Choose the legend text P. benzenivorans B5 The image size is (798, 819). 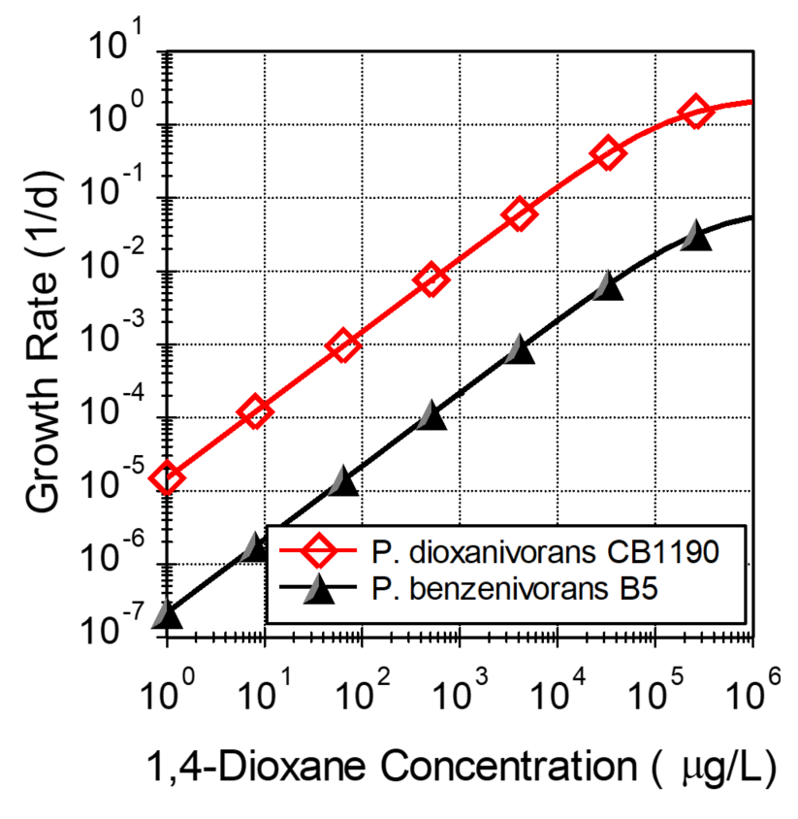515,588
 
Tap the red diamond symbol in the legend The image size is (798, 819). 319,553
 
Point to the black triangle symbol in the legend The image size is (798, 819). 319,588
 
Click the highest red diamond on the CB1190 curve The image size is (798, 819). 695,112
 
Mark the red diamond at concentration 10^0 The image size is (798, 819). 168,477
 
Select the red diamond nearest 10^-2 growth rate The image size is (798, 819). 431,280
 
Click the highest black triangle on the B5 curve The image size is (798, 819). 695,236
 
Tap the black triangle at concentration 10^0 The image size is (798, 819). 168,615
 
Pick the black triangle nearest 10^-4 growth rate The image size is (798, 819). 431,418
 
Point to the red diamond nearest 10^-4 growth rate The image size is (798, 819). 255,412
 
